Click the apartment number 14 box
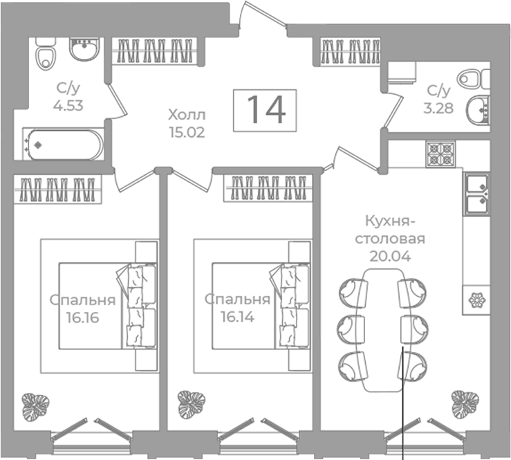265,111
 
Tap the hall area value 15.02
187,132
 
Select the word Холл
187,115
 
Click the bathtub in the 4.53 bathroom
63,145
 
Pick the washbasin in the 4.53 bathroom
84,49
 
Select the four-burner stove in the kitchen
440,154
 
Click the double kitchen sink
476,194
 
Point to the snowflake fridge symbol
477,300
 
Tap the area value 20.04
390,257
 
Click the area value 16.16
82,318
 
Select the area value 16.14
237,317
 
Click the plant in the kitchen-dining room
465,404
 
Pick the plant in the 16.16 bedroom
35,407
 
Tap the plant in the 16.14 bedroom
192,405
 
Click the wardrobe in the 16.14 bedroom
268,188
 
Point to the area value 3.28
438,108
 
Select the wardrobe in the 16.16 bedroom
57,190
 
